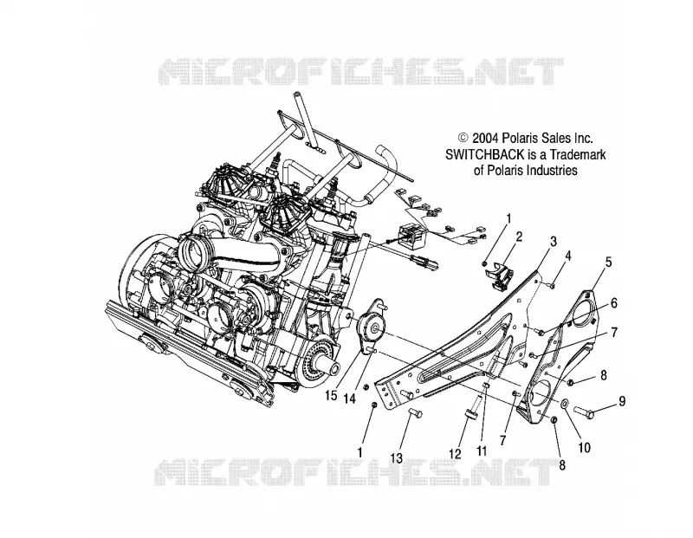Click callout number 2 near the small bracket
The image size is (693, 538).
[519, 237]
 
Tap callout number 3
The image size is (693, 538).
[553, 242]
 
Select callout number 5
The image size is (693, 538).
[608, 263]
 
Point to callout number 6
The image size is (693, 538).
[613, 303]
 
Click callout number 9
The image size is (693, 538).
[622, 401]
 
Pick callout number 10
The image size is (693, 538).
[584, 447]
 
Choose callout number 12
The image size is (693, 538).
[456, 454]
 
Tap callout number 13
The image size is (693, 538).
[397, 458]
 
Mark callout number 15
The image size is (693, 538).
[331, 395]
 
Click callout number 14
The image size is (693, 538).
[349, 399]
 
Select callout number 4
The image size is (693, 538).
[567, 256]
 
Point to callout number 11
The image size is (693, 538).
[482, 450]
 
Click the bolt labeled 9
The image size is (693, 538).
[584, 412]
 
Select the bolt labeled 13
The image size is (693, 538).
[414, 414]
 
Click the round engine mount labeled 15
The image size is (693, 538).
[372, 327]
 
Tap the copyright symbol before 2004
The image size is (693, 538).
[463, 139]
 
